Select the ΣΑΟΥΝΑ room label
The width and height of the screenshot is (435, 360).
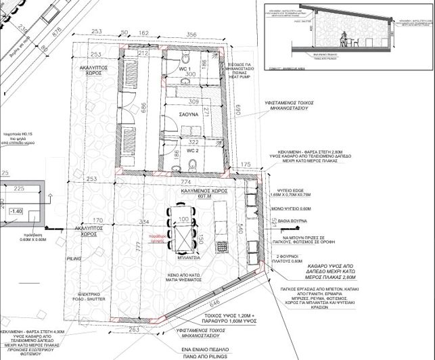pyautogui.click(x=189, y=116)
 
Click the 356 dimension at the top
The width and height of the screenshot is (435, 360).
pyautogui.click(x=191, y=35)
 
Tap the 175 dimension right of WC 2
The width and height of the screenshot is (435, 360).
pyautogui.click(x=246, y=164)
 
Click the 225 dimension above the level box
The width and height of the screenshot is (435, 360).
pyautogui.click(x=19, y=189)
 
